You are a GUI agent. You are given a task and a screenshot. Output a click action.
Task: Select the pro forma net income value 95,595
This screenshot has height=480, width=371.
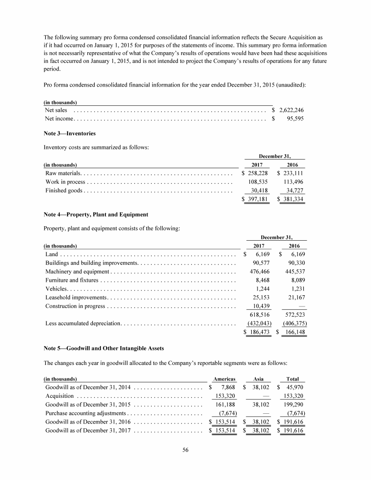point(295,119)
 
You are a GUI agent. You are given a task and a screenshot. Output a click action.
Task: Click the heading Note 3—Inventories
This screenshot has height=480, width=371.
point(70,133)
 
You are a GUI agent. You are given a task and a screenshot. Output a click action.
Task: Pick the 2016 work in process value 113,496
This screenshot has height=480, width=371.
point(294,182)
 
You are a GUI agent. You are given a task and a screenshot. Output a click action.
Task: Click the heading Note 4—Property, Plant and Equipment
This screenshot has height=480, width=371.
point(96,214)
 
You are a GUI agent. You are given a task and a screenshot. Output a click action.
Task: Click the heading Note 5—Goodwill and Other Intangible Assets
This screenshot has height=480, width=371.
point(104,348)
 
